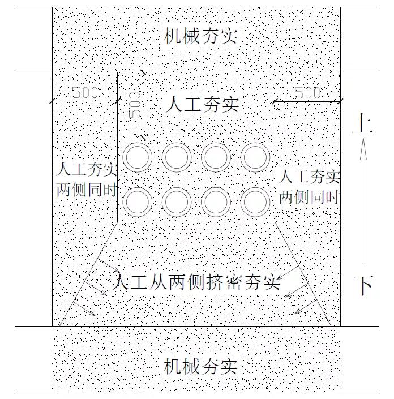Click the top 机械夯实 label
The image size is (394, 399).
200,36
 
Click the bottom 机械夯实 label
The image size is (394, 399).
200,366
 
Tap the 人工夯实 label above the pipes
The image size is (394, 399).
203,104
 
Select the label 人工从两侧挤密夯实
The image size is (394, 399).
196,282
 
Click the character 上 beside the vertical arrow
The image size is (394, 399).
362,123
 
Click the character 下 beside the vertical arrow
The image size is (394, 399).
363,285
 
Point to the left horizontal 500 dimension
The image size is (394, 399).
85,93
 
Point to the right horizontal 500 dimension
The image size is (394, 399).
308,93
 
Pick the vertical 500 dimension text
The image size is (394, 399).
135,105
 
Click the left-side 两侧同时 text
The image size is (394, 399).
87,190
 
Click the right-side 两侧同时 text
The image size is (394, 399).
310,197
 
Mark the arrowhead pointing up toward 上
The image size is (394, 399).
363,148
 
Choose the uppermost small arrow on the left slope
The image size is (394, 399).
108,265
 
